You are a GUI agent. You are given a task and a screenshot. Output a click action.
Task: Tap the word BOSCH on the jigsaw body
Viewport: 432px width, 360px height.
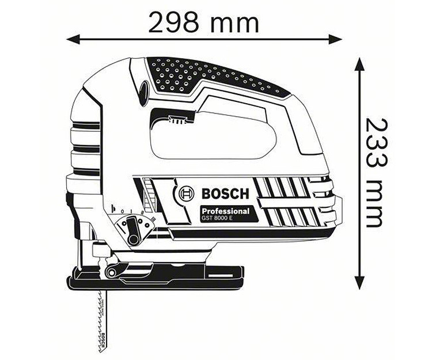pos(224,193)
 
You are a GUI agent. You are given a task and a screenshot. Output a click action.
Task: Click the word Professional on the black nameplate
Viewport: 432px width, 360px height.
pos(225,211)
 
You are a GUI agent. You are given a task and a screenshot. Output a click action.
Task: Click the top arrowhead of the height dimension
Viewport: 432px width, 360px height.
pos(359,61)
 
